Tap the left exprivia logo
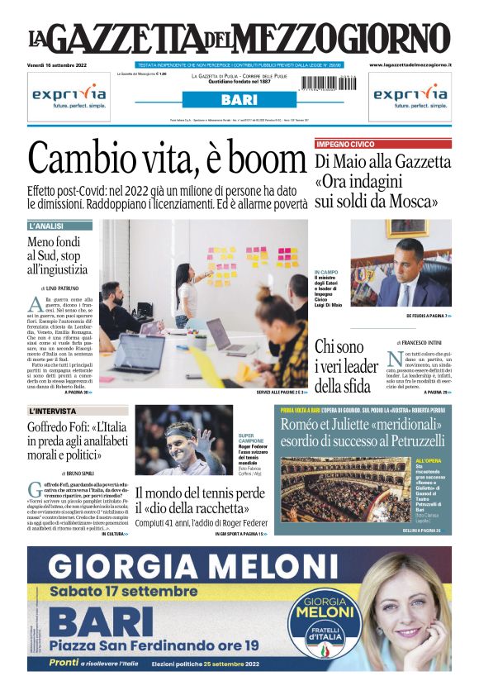pos(69,96)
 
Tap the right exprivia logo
pos(410,96)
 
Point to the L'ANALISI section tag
pos(54,226)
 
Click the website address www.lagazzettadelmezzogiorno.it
pos(410,64)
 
